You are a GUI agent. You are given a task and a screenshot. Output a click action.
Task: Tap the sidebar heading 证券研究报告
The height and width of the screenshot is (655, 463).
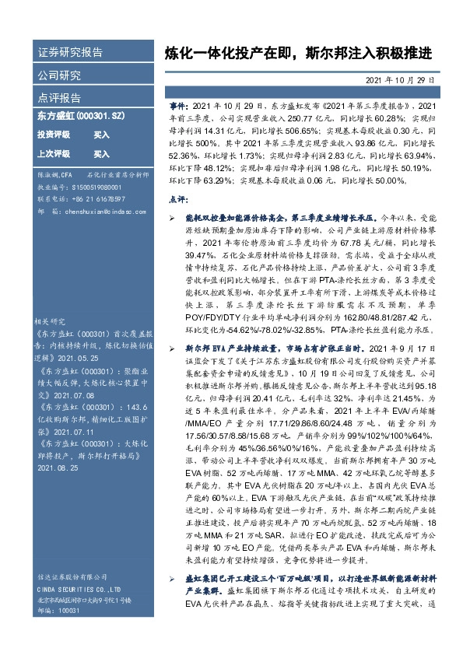[x=70, y=53]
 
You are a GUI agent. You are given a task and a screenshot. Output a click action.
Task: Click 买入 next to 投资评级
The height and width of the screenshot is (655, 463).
[x=101, y=135]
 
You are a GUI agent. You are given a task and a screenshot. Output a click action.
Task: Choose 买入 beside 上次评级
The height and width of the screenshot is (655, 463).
[x=101, y=153]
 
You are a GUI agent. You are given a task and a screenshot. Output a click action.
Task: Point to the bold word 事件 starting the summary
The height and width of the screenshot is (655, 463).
[x=178, y=105]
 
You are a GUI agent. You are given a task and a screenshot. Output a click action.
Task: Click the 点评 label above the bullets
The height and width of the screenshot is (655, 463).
[x=177, y=200]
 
